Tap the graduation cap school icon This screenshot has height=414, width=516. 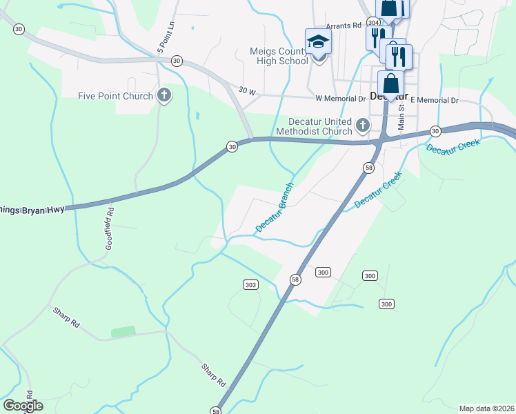(318, 42)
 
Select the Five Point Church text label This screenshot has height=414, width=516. (115, 96)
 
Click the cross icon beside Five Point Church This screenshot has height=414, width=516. (163, 95)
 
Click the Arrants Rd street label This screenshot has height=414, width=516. (344, 25)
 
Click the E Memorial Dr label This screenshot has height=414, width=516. (435, 100)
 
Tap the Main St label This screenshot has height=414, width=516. (401, 119)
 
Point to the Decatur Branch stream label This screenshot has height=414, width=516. (275, 207)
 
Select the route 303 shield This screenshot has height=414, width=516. (250, 284)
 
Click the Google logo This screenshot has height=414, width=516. (23, 405)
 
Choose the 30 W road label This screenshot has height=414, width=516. (247, 90)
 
